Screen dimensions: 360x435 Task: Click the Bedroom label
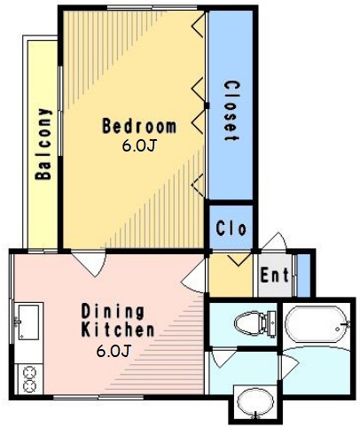[x=139, y=126]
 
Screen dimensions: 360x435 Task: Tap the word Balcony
[x=43, y=144]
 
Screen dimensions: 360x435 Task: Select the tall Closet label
[x=231, y=111]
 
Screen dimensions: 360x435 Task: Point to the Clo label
[x=231, y=228]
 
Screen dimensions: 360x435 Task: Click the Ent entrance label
[x=274, y=275]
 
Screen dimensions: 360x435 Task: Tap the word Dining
[x=113, y=312]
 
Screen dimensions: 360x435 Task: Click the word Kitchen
[x=118, y=330]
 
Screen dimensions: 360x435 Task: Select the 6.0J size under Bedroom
[x=138, y=145]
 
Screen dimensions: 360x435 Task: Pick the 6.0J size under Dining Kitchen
[x=113, y=351]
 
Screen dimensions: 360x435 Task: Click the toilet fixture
[x=255, y=322]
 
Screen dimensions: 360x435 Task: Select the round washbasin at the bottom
[x=255, y=403]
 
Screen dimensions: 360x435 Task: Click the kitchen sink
[x=28, y=322]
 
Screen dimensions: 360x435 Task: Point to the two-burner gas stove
[x=29, y=379]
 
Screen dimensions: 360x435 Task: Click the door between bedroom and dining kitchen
[x=89, y=263]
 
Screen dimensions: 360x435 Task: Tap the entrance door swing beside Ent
[x=274, y=242]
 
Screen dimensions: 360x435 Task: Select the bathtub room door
[x=290, y=366]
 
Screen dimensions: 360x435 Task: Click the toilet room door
[x=223, y=357]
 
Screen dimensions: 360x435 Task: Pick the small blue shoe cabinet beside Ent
[x=303, y=276]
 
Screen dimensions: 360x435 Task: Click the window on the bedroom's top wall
[x=152, y=8]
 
